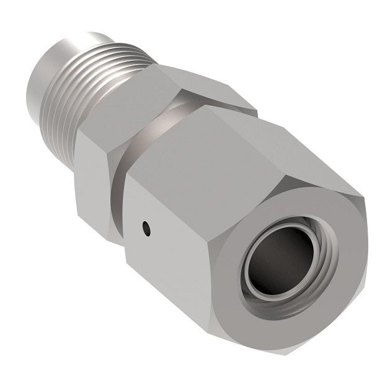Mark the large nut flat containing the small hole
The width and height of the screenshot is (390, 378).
click(167, 248)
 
